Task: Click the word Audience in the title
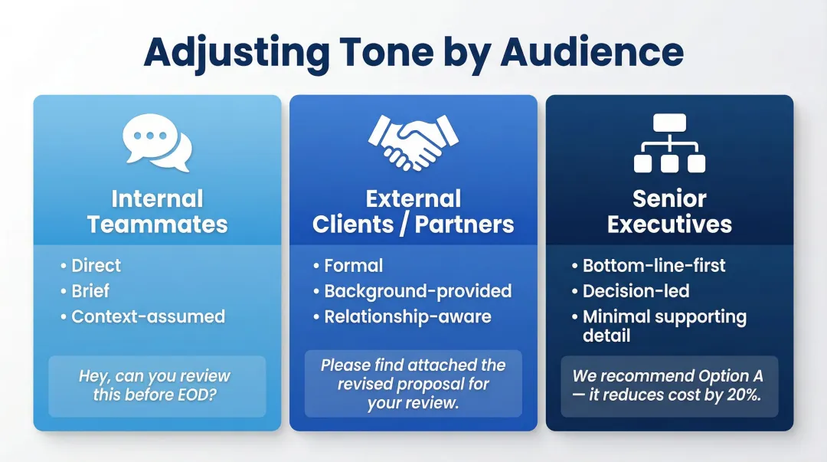click(x=592, y=51)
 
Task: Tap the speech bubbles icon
click(x=157, y=143)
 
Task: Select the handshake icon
click(x=413, y=141)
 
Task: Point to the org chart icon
click(x=669, y=143)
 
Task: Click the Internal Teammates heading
click(x=157, y=211)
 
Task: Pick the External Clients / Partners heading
click(x=413, y=211)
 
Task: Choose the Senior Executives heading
click(x=669, y=211)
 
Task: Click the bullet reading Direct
click(x=96, y=266)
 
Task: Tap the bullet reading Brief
click(x=90, y=291)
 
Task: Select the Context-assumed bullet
click(x=148, y=316)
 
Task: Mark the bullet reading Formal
click(x=353, y=266)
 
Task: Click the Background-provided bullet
click(x=417, y=291)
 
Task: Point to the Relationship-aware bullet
click(x=407, y=316)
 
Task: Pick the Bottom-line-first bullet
click(x=654, y=266)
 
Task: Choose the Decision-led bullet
click(x=636, y=291)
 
